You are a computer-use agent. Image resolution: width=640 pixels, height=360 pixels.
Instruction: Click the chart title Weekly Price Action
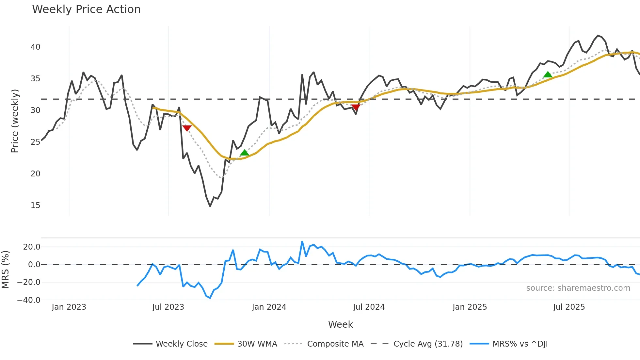86,9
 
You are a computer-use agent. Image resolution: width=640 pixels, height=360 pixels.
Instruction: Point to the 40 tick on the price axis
35,47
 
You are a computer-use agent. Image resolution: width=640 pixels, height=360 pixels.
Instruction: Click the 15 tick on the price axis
35,205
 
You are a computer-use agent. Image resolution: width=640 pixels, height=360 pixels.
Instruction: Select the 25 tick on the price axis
35,142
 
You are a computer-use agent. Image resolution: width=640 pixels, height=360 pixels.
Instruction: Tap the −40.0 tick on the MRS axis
29,300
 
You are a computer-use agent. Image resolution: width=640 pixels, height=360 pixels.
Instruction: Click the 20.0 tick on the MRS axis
32,247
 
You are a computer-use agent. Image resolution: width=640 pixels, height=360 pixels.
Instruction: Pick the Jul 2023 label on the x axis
168,307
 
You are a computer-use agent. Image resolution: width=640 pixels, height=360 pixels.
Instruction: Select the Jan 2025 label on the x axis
470,307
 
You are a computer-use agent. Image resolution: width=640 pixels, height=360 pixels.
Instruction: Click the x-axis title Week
340,324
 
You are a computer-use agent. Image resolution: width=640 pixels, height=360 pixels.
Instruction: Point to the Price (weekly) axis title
15,121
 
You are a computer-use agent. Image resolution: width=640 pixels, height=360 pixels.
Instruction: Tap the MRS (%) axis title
5,270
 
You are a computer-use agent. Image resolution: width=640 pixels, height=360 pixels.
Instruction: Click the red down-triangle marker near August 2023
187,128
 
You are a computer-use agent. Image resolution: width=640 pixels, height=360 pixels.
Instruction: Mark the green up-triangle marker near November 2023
244,153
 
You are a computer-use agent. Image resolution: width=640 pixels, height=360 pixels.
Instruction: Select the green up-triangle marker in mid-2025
548,75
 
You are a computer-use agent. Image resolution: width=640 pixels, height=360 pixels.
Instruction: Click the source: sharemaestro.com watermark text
578,288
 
